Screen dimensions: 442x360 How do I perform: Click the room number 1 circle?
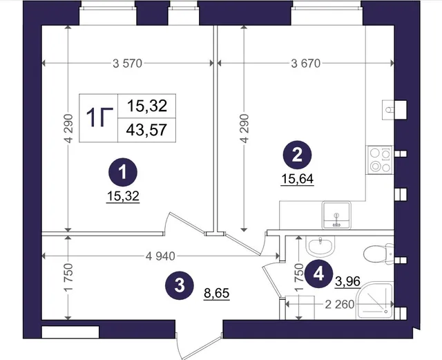(x=123, y=172)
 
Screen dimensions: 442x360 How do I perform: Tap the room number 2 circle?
(x=297, y=155)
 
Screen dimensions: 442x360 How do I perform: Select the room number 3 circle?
(x=180, y=285)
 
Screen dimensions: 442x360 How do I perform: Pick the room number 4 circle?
(x=319, y=274)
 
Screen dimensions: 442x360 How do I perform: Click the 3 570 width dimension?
(x=127, y=64)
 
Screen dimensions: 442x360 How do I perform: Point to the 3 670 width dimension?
(x=306, y=64)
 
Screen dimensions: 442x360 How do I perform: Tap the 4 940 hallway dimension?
(x=160, y=256)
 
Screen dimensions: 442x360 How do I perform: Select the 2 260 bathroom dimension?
(x=340, y=305)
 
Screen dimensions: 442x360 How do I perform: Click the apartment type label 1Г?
(x=99, y=117)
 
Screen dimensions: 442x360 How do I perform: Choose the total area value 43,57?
(x=146, y=130)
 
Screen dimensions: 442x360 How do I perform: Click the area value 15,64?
(x=298, y=179)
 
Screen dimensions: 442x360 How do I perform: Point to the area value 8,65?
(x=217, y=294)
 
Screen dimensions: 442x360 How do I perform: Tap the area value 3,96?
(x=348, y=281)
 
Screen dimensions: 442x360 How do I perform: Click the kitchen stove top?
(x=379, y=160)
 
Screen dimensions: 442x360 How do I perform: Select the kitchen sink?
(x=336, y=215)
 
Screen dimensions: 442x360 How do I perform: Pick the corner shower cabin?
(x=375, y=301)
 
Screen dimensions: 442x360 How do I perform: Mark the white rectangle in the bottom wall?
(x=70, y=332)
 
